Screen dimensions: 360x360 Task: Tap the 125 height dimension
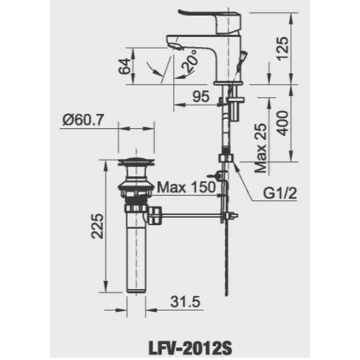pos(282,49)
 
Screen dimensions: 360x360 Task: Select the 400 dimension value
pos(282,123)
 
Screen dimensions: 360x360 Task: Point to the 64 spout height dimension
pos(124,66)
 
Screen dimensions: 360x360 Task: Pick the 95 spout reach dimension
pos(201,96)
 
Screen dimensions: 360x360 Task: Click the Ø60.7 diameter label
pos(84,120)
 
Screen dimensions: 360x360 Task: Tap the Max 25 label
pos(261,148)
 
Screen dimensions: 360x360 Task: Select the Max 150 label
pos(186,187)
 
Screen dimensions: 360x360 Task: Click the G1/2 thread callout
pos(280,193)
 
